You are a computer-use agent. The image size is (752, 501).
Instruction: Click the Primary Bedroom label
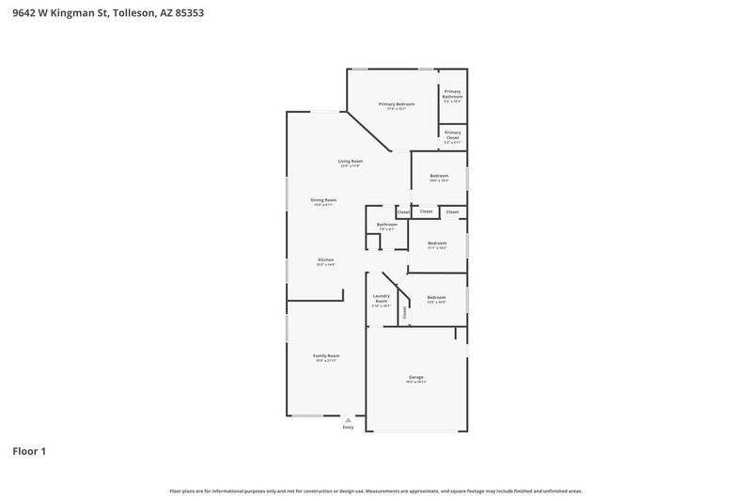tap(397, 103)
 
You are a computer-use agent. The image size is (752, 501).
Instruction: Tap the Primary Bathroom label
tap(452, 93)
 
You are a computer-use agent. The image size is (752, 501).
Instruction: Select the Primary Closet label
tap(452, 134)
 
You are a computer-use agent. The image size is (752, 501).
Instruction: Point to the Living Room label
tap(351, 161)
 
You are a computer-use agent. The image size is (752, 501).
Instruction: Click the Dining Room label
tap(323, 199)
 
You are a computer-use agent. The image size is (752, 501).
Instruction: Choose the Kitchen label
tap(325, 259)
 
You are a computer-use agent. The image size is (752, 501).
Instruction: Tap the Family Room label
tap(326, 355)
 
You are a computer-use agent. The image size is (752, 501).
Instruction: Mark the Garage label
tap(415, 377)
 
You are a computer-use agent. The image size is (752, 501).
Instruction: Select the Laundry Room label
tap(381, 298)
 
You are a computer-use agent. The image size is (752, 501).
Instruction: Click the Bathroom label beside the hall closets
tap(387, 225)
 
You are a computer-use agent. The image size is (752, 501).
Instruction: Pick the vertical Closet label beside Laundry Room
tap(405, 313)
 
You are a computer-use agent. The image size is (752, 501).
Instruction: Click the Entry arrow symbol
tap(348, 420)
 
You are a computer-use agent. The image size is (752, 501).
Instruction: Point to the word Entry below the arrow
tap(348, 428)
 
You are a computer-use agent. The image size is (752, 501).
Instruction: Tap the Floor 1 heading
tap(29, 451)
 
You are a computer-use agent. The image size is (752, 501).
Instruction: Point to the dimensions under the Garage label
tap(415, 383)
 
